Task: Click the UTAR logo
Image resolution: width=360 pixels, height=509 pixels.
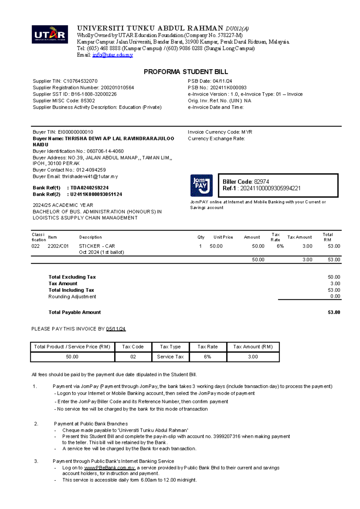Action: pyautogui.click(x=50, y=34)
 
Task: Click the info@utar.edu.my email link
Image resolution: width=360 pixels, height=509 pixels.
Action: pyautogui.click(x=112, y=55)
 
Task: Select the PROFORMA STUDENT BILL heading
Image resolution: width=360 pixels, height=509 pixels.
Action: pyautogui.click(x=186, y=72)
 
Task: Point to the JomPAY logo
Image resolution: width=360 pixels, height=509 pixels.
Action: pyautogui.click(x=201, y=185)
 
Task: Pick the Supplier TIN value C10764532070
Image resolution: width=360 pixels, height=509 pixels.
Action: pyautogui.click(x=80, y=81)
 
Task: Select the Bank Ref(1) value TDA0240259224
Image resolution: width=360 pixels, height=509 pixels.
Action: pyautogui.click(x=89, y=188)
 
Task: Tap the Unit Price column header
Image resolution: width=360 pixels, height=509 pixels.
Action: pyautogui.click(x=223, y=237)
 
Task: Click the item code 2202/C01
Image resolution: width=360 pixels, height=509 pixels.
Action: pyautogui.click(x=58, y=246)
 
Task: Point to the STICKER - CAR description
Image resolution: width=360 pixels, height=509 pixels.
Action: pyautogui.click(x=97, y=246)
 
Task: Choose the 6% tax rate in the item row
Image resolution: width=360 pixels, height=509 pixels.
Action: pyautogui.click(x=280, y=246)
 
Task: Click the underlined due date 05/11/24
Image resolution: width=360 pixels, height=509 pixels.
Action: pyautogui.click(x=116, y=329)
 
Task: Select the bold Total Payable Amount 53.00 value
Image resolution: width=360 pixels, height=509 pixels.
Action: pyautogui.click(x=334, y=312)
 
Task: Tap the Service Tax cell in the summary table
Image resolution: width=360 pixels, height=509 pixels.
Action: pyautogui.click(x=170, y=357)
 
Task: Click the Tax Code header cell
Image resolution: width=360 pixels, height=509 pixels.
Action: pyautogui.click(x=133, y=347)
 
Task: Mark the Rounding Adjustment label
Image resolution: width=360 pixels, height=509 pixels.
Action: pyautogui.click(x=72, y=296)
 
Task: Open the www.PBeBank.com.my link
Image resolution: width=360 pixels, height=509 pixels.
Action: pyautogui.click(x=109, y=468)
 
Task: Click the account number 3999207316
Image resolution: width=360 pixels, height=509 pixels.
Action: pyautogui.click(x=227, y=436)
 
